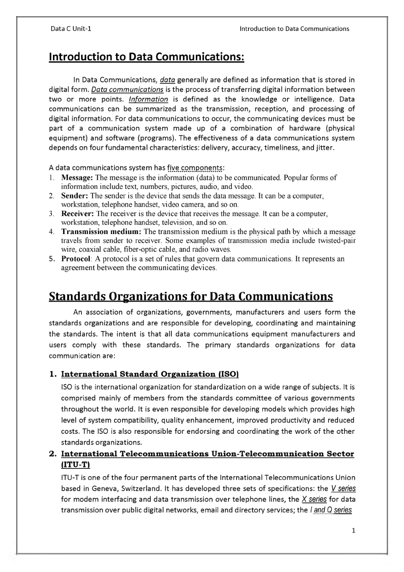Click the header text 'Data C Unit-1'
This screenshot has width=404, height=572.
71,29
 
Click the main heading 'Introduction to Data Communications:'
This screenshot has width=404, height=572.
146,57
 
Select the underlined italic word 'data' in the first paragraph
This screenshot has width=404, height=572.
167,80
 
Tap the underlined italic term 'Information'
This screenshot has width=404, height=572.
148,99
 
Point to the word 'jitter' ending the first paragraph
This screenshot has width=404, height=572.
324,148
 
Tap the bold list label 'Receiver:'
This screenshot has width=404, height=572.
78,214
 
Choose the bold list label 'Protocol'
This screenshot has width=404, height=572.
76,259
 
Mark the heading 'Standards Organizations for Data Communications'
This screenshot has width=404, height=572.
191,296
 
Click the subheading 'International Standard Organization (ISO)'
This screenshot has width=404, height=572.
149,374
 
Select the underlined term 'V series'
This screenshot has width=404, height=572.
343,489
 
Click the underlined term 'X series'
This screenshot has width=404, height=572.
314,499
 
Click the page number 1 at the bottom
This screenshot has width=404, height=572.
353,530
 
